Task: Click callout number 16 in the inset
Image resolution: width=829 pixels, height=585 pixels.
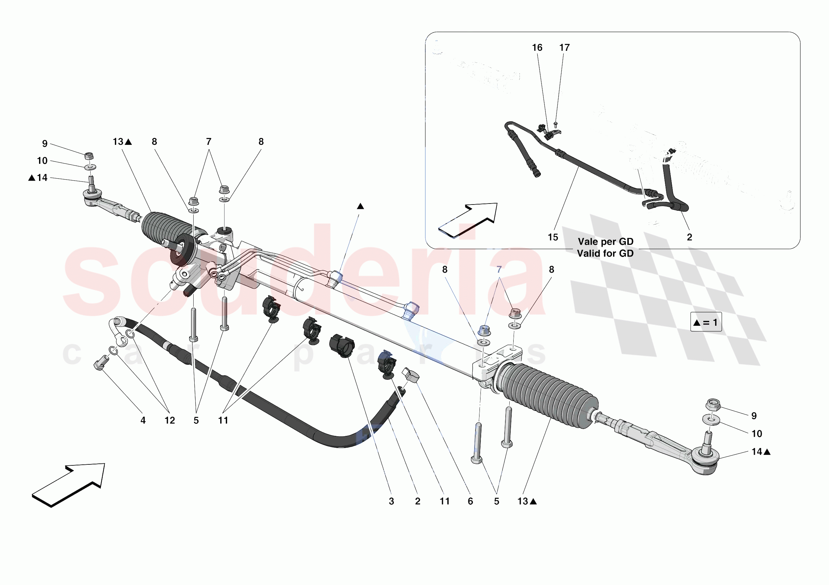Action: click(x=537, y=48)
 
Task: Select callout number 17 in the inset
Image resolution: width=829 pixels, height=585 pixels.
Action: click(x=564, y=48)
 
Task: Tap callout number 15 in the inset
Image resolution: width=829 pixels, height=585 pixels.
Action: click(x=553, y=237)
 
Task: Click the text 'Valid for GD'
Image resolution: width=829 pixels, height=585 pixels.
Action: click(x=605, y=254)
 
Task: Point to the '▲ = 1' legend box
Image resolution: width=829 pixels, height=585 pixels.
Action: click(x=706, y=322)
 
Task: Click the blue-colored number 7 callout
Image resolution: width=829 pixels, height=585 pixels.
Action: click(x=499, y=269)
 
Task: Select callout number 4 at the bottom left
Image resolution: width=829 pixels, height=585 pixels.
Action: click(x=143, y=420)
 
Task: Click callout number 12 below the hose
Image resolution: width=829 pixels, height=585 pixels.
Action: click(x=170, y=420)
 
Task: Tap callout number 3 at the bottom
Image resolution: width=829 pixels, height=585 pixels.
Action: click(x=392, y=501)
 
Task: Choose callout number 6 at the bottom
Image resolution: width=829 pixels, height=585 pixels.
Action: click(x=470, y=501)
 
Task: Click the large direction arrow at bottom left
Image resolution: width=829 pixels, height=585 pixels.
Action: click(x=69, y=485)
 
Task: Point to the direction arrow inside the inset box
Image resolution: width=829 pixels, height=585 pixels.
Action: click(x=468, y=220)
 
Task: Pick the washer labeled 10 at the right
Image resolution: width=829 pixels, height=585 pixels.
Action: click(x=711, y=420)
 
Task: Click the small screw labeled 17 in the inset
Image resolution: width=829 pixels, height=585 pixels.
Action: click(x=555, y=125)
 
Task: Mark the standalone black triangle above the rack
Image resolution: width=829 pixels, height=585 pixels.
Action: click(x=360, y=206)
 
